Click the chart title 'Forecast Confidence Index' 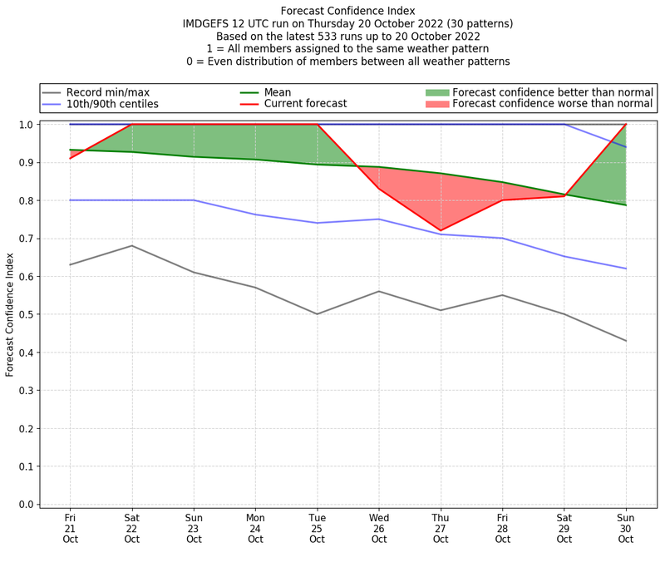tap(349, 10)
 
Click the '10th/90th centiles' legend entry tap(112, 104)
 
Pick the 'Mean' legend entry tap(278, 91)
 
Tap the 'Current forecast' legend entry tap(305, 104)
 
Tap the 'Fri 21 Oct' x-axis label tap(70, 527)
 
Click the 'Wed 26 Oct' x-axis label tap(379, 527)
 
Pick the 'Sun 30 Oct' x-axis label tap(626, 527)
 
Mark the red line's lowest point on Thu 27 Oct tap(441, 230)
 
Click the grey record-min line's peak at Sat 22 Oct tap(131, 245)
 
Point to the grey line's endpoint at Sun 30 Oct tap(626, 341)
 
